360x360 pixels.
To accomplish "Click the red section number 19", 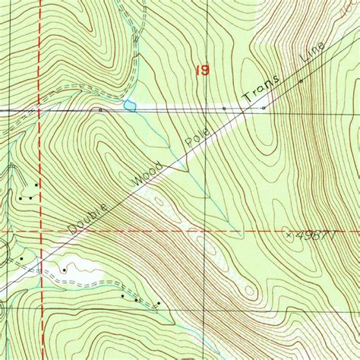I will point(202,70).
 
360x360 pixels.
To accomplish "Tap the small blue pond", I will point(130,105).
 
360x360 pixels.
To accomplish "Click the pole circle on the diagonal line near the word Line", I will point(301,80).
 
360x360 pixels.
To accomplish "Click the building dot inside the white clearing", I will point(65,269).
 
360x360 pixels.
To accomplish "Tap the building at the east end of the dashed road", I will point(159,304).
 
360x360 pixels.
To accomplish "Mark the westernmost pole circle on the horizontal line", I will point(100,109).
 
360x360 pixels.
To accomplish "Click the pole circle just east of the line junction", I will point(264,108).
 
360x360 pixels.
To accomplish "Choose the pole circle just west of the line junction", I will point(224,109).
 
